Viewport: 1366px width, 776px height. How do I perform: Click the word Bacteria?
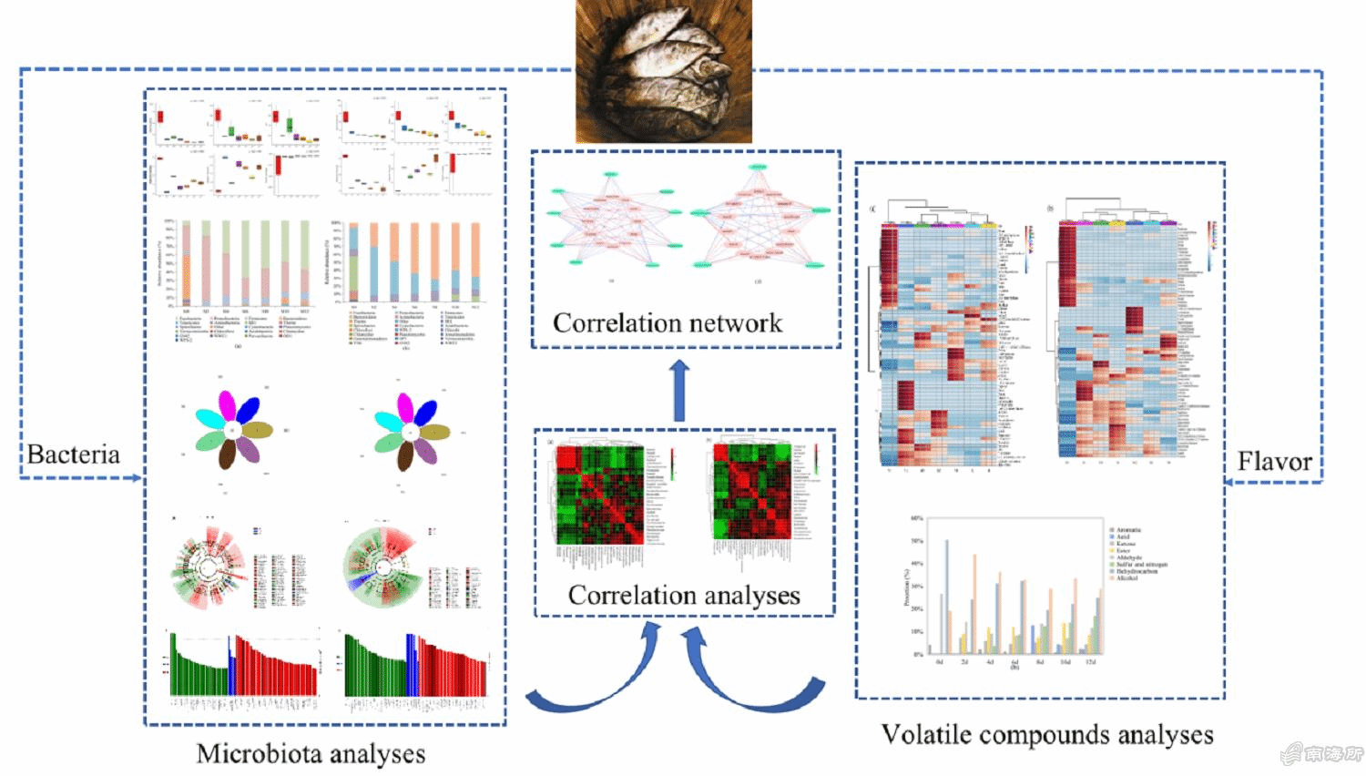point(73,454)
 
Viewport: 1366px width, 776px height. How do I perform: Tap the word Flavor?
point(1274,462)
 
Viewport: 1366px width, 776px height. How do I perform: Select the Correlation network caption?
point(667,323)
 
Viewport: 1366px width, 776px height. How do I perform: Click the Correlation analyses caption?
point(684,595)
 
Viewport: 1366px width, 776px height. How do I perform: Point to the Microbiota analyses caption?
point(311,753)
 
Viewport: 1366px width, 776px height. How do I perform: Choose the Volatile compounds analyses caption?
point(1047,734)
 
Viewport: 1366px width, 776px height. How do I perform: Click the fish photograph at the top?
point(664,71)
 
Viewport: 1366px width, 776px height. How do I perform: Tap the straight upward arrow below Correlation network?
point(679,391)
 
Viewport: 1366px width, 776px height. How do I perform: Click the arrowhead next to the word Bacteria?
point(136,477)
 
